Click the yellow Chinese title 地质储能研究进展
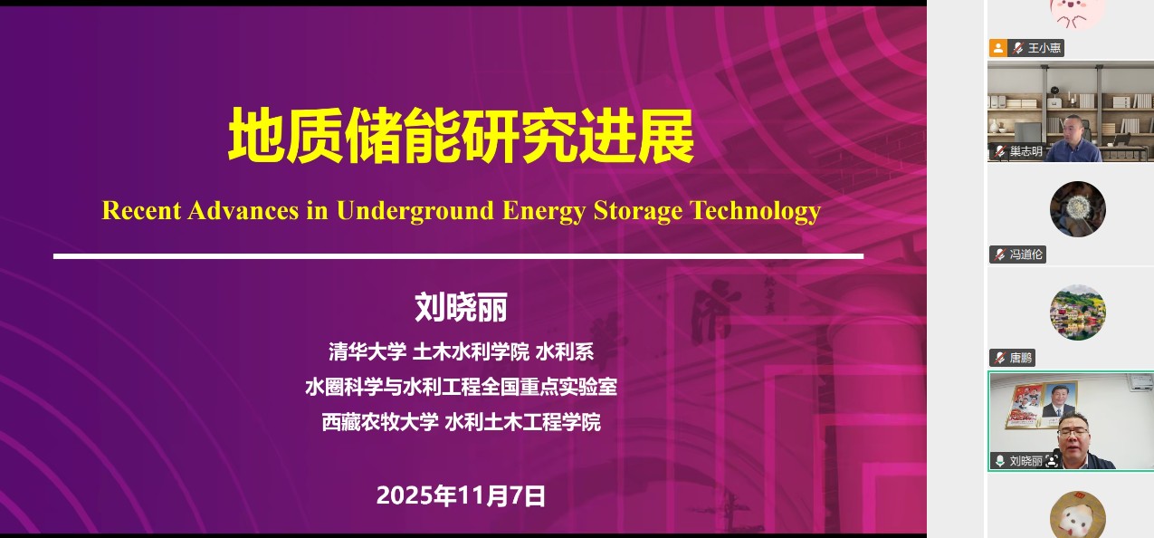pos(461,136)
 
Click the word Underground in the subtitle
pos(415,211)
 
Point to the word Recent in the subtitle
pos(141,211)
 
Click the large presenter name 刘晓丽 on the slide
pos(461,307)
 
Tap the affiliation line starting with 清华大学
pos(461,352)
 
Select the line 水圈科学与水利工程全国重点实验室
pos(461,387)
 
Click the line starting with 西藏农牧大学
pos(461,421)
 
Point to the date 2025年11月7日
pos(461,495)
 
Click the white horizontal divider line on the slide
pos(459,256)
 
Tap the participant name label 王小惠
pos(1044,48)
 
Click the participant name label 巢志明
pos(1025,151)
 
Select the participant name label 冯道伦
pos(1025,254)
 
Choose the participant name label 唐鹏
pos(1021,358)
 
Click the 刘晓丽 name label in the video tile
pos(1025,461)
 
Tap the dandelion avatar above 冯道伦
pos(1078,209)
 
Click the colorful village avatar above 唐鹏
pos(1078,312)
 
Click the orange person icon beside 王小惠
pos(998,48)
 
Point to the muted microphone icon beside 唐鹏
pos(1000,358)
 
